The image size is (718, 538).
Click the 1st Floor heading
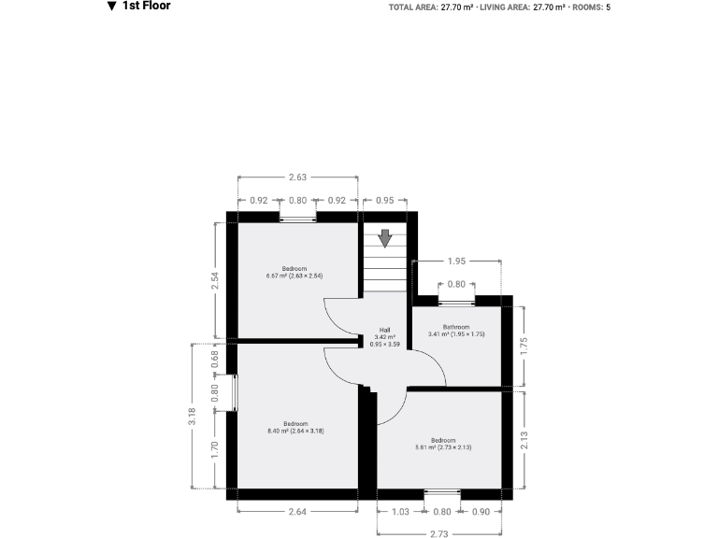[139, 6]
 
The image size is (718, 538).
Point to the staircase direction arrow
[384, 238]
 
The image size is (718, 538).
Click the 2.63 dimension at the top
[298, 177]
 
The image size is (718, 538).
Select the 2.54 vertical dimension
[215, 280]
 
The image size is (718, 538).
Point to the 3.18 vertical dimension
[192, 416]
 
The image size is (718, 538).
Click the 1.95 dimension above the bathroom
[455, 262]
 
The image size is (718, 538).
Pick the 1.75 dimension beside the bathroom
[524, 347]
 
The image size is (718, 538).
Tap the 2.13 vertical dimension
[524, 439]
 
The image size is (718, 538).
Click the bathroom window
[456, 302]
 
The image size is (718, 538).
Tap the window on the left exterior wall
[235, 391]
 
